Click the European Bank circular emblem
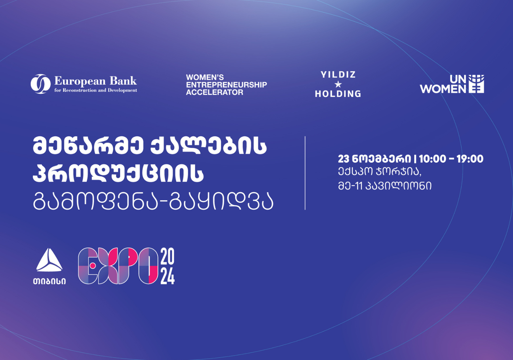41,84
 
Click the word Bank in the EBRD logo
123,81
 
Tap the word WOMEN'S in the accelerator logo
205,77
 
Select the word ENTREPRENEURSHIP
226,85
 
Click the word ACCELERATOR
215,93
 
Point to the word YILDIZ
338,75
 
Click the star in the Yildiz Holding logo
338,84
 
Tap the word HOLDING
338,94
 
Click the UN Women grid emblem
476,84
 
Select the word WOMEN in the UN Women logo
443,89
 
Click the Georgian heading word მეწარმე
88,146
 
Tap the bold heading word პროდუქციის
118,173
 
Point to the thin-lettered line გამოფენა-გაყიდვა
153,201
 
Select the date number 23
343,159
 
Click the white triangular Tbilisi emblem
49,260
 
